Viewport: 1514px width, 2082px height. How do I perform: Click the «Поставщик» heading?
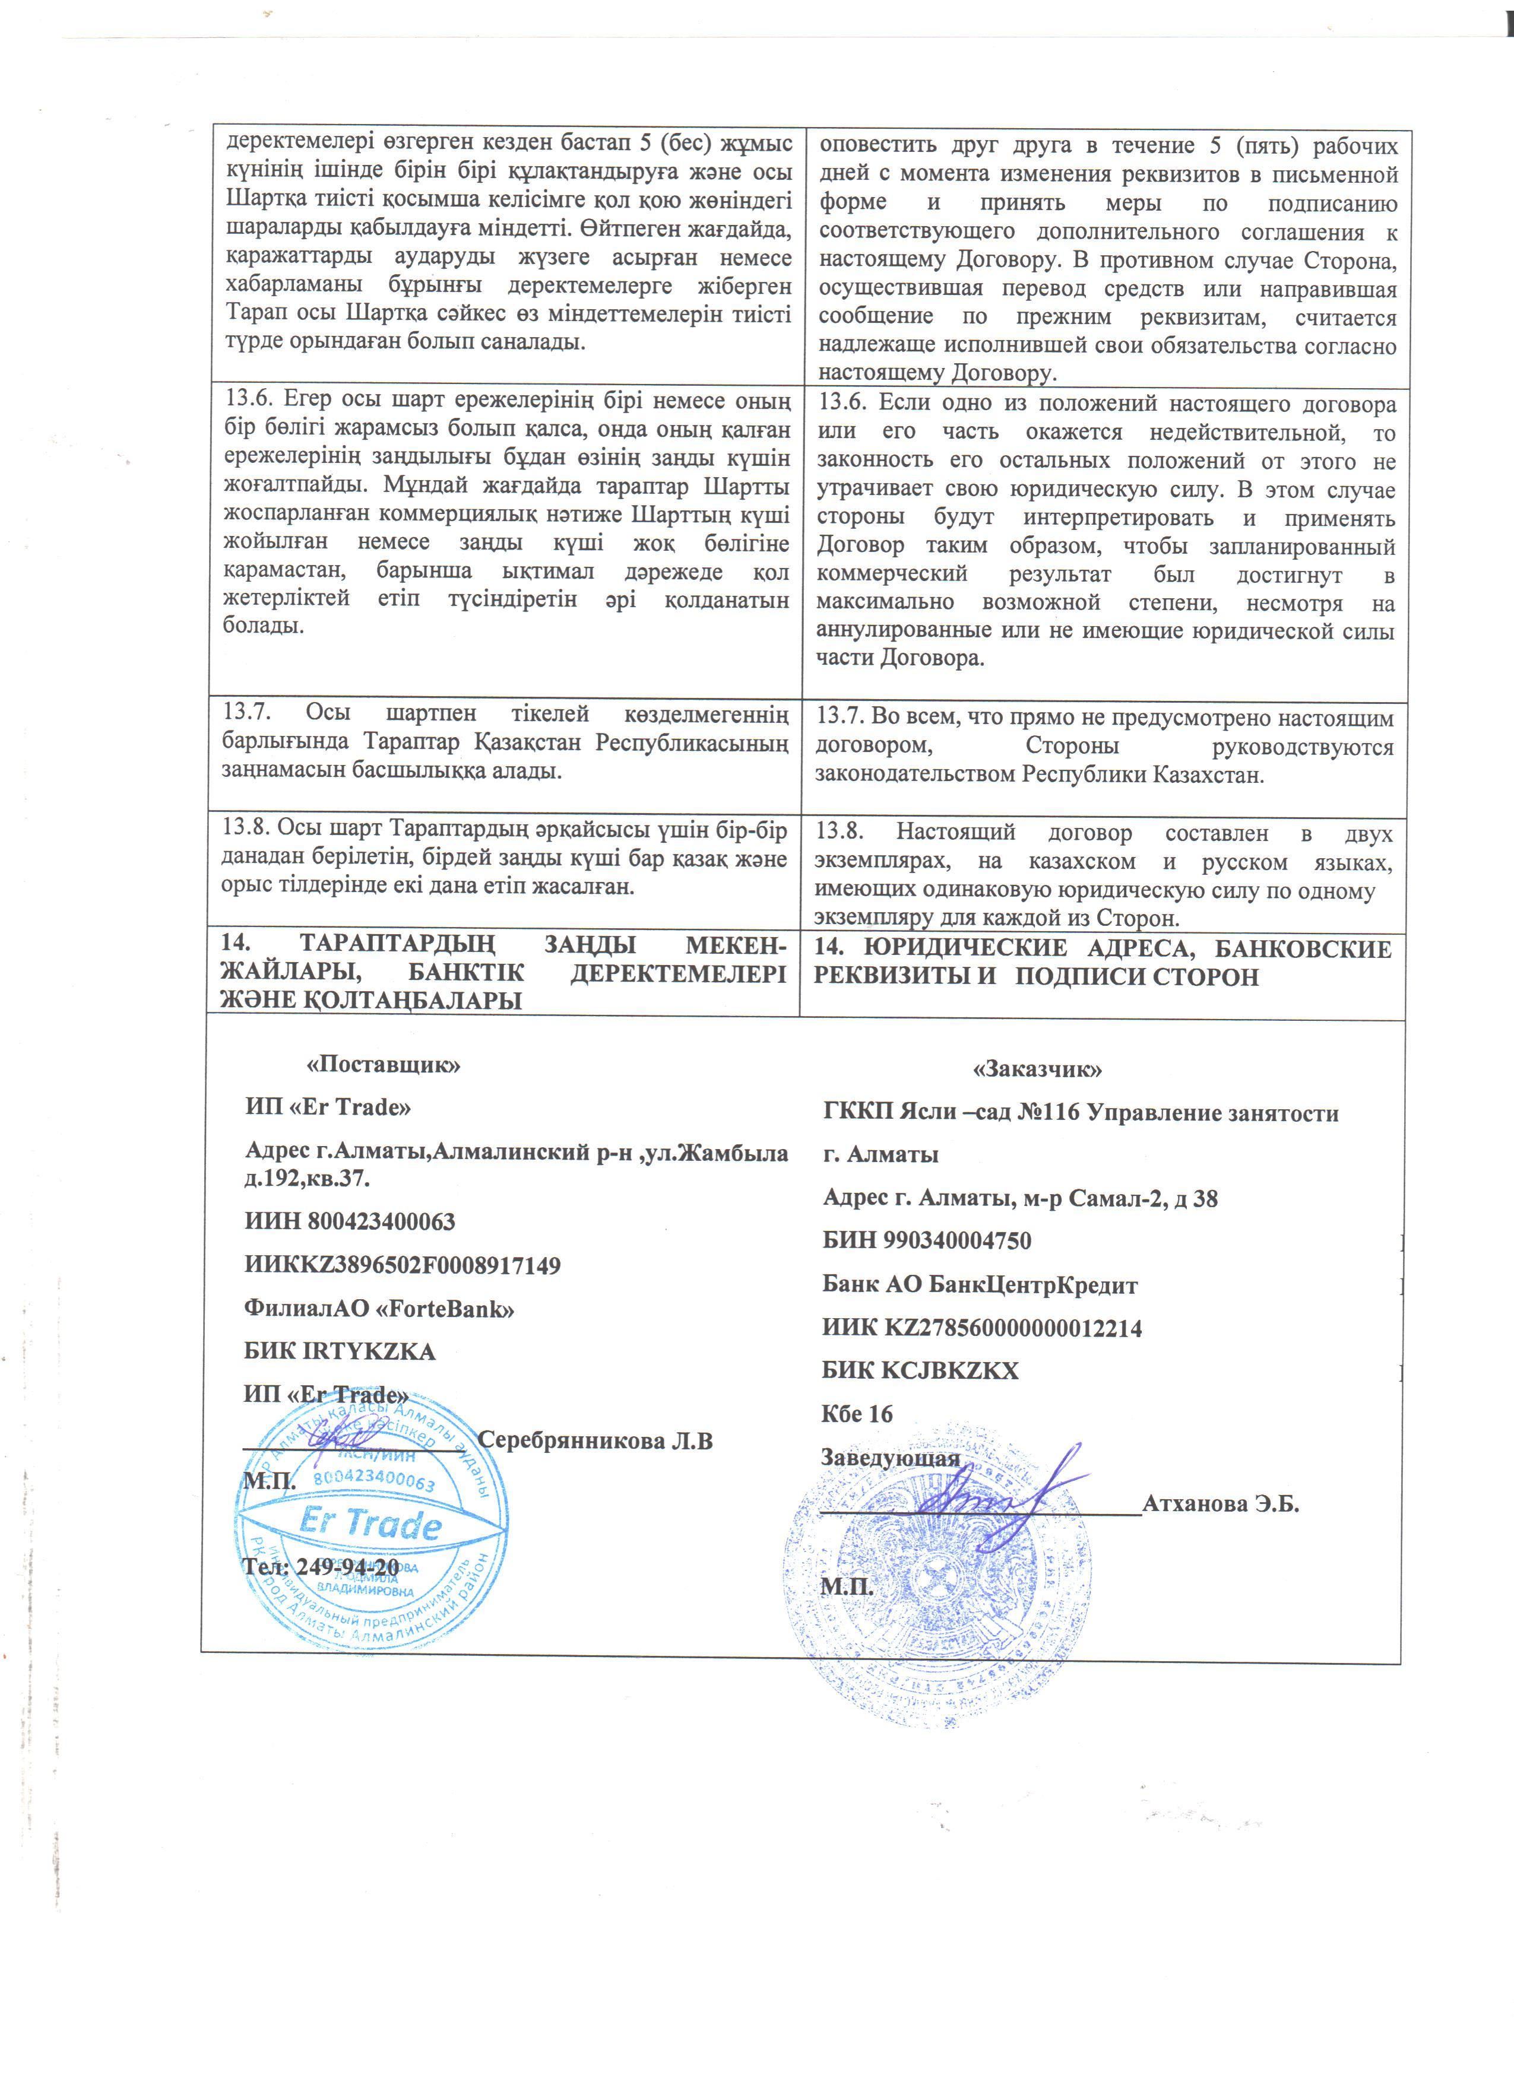click(x=383, y=1065)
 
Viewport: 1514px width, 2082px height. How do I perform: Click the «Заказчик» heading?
click(x=1037, y=1069)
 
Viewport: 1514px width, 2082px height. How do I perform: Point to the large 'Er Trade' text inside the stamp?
click(x=370, y=1524)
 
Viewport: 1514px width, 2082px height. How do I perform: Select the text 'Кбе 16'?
click(x=857, y=1414)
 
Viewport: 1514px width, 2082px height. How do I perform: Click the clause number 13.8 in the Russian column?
click(x=838, y=831)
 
